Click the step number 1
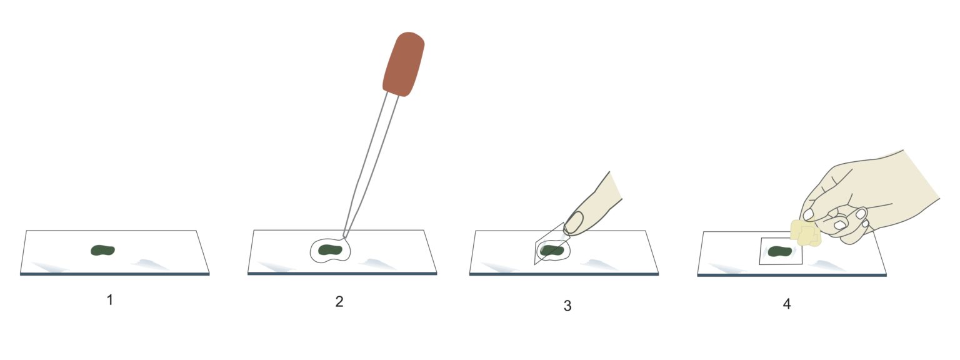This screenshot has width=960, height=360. click(110, 300)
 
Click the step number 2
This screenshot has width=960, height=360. click(339, 301)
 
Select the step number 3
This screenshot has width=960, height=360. click(567, 306)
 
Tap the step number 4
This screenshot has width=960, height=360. click(786, 304)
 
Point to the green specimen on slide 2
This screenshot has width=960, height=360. click(331, 251)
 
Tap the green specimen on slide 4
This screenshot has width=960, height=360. click(779, 251)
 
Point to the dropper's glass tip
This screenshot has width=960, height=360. click(346, 234)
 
